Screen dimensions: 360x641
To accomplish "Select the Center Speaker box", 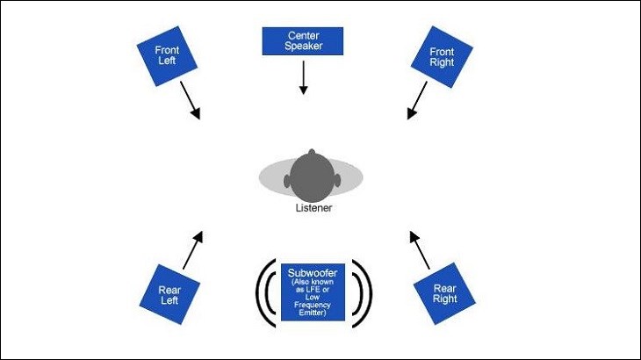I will [x=303, y=40].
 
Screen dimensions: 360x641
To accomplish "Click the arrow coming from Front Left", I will [x=190, y=100].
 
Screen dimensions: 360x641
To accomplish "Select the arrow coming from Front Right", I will [x=417, y=100].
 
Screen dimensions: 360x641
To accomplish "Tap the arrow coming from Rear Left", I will [x=192, y=249].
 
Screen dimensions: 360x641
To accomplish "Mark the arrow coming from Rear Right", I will [x=420, y=249].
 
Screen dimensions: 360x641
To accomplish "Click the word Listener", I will [x=313, y=208].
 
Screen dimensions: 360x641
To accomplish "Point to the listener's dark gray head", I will [x=312, y=176].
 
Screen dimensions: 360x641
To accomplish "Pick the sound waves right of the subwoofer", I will [x=361, y=289].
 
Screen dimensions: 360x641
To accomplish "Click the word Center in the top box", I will [x=303, y=34].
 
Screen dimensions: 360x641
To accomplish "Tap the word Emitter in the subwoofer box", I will [x=307, y=313].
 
